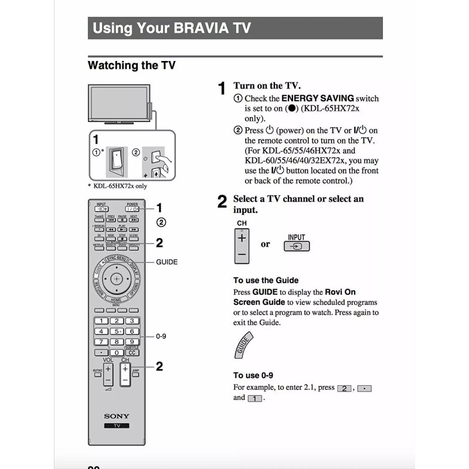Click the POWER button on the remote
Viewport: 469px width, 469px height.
click(x=132, y=209)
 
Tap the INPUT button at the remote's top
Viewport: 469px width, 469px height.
click(x=101, y=209)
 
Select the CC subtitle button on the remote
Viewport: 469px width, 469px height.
click(x=132, y=353)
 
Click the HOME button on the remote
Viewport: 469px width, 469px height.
click(x=117, y=300)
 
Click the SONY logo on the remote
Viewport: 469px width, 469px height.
click(x=117, y=416)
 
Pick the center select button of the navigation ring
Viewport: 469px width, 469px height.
click(x=117, y=277)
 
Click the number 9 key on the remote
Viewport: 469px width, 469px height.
click(x=132, y=342)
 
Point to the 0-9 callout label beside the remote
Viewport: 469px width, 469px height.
click(x=161, y=337)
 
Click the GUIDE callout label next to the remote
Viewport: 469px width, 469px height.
click(x=166, y=262)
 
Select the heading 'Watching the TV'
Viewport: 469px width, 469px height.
click(x=131, y=66)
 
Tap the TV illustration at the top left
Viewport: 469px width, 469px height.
click(x=117, y=104)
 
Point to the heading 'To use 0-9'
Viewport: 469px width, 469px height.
click(x=253, y=375)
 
